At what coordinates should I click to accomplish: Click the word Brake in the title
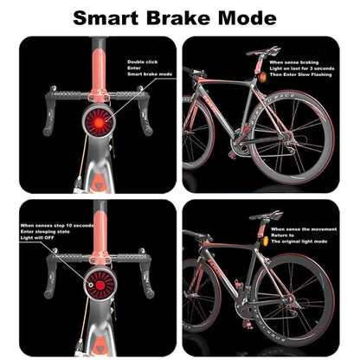[180, 17]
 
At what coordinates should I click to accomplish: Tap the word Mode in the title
[249, 17]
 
